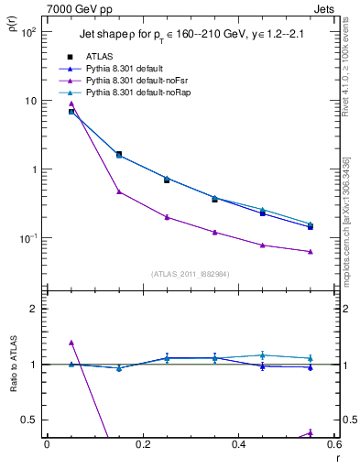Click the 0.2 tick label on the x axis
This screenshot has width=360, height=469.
pos(142,447)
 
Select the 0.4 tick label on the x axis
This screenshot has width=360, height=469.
pos(238,447)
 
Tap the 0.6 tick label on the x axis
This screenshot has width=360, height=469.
pos(333,447)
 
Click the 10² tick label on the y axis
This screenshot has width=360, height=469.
pos(27,32)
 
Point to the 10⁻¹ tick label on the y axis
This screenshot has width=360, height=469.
pos(27,238)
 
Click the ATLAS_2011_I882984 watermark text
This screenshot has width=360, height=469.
pos(190,272)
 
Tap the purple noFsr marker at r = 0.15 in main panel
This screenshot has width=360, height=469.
pos(119,191)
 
